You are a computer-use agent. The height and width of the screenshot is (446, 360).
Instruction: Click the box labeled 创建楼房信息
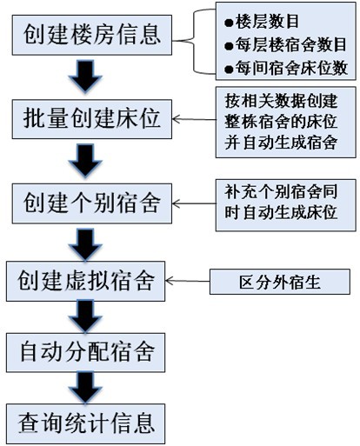[x=92, y=35]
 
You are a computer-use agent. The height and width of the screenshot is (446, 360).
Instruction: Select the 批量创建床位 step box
[x=92, y=119]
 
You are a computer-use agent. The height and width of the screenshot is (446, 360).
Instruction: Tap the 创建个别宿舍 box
[x=92, y=203]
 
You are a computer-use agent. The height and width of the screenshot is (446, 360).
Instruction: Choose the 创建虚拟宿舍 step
[x=86, y=281]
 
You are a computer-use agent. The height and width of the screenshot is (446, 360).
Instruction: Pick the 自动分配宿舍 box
[x=86, y=352]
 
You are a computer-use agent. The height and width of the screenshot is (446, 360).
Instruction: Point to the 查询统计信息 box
[x=86, y=423]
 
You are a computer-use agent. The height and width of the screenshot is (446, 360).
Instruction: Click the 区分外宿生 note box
[x=280, y=282]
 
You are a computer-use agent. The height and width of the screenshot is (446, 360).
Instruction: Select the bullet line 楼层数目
[x=262, y=22]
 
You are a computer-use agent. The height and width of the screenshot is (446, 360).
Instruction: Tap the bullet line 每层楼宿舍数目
[x=285, y=45]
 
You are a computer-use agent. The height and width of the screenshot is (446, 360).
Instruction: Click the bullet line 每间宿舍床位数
[x=286, y=69]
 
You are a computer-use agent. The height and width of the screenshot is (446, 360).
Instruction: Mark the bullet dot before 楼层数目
[x=229, y=23]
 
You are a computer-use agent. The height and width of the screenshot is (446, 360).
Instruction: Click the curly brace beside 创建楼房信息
[x=194, y=42]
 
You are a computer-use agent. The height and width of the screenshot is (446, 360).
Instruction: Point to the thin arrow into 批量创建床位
[x=194, y=119]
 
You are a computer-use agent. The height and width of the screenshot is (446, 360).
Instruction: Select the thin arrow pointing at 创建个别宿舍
[x=194, y=203]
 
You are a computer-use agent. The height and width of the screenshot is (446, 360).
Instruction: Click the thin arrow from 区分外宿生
[x=188, y=281]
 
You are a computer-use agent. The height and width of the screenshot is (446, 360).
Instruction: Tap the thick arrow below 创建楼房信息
[x=85, y=76]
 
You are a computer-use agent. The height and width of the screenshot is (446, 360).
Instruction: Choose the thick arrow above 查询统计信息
[x=85, y=388]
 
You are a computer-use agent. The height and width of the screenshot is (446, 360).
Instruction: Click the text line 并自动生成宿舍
[x=281, y=143]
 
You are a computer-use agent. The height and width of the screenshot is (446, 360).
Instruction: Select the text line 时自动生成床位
[x=281, y=213]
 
